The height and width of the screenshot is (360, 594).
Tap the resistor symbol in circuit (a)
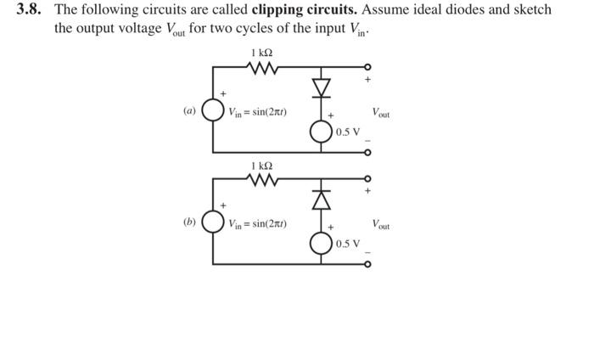click(x=262, y=68)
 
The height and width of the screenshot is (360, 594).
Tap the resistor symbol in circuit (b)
click(x=262, y=179)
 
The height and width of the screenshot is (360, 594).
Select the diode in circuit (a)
click(x=322, y=87)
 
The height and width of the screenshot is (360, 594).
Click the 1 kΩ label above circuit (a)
click(x=262, y=53)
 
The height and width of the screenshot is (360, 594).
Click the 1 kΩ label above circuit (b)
click(x=262, y=164)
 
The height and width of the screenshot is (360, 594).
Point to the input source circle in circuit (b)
click(x=213, y=225)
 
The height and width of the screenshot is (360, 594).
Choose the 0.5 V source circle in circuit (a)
click(x=322, y=132)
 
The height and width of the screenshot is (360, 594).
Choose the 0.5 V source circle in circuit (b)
click(x=322, y=244)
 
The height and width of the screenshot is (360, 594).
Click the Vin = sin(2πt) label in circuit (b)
click(x=256, y=225)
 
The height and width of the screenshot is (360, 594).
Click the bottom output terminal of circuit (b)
click(x=367, y=264)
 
